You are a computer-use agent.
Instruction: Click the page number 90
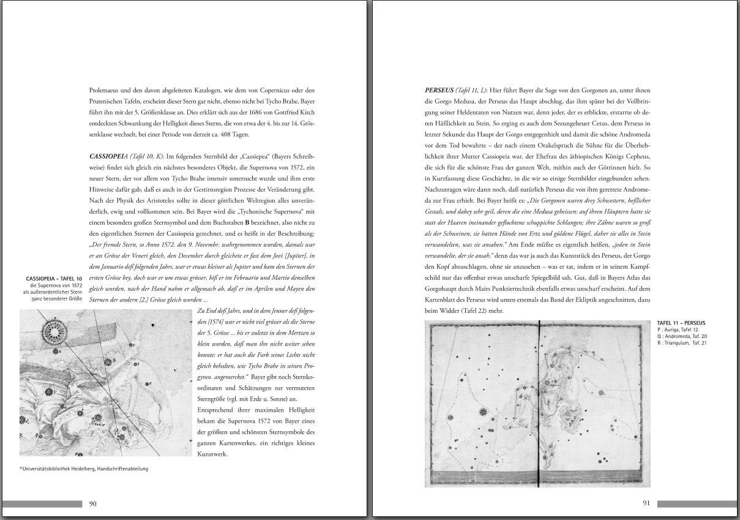[x=93, y=504]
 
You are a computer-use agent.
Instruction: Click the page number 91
[x=646, y=504]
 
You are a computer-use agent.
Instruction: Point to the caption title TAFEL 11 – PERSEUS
[x=681, y=323]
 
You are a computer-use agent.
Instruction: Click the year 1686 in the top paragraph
[x=241, y=113]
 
